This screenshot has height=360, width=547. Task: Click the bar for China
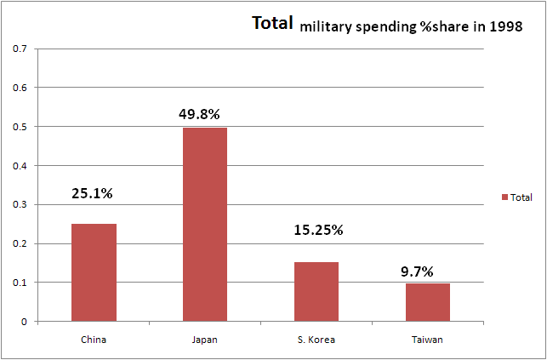(94, 272)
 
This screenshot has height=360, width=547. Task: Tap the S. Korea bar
(316, 291)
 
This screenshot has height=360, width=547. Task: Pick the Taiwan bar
(428, 302)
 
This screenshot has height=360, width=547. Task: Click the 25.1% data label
(94, 193)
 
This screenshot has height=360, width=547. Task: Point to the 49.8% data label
(205, 113)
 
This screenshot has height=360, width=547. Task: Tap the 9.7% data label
(417, 272)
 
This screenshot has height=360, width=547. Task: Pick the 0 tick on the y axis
(24, 322)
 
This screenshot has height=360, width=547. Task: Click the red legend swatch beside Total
(504, 197)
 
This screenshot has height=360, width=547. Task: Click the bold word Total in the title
(272, 23)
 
